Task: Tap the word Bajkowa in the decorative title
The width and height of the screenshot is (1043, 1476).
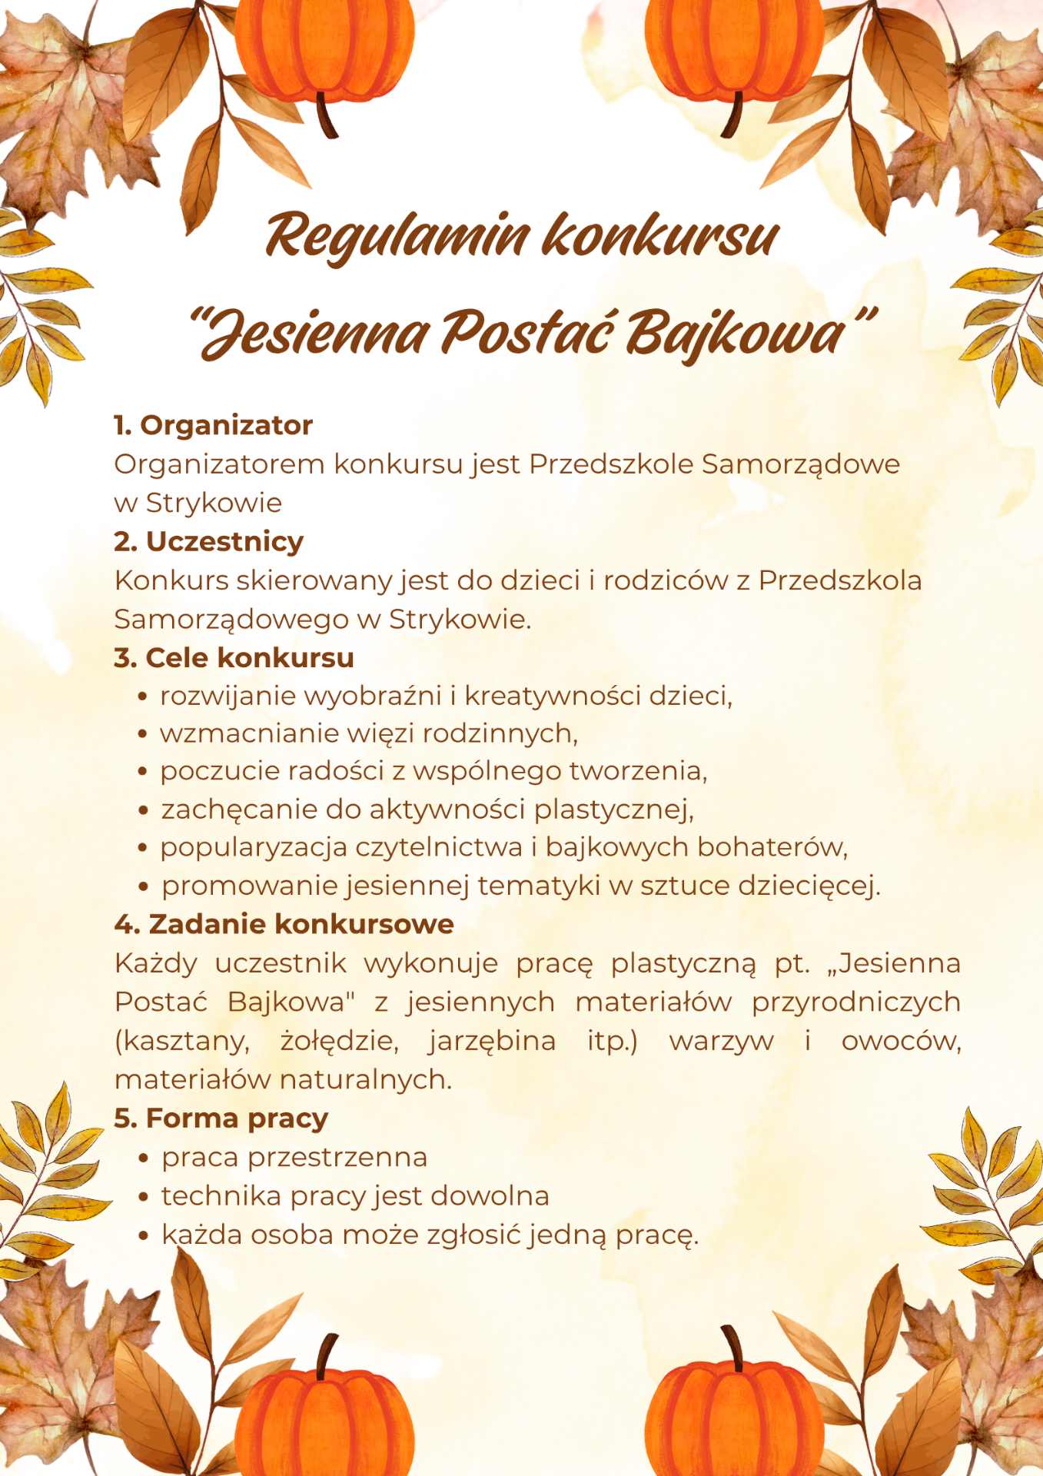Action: pos(734,334)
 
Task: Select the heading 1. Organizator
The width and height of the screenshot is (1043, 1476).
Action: pos(213,425)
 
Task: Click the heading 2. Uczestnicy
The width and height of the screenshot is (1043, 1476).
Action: pos(208,541)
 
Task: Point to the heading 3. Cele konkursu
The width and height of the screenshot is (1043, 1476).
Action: pos(234,658)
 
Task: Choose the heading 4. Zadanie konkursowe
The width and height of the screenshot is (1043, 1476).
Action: pos(284,924)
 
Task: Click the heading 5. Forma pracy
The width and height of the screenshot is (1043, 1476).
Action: pos(221,1118)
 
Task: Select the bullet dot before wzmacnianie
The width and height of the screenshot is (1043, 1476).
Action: pos(142,734)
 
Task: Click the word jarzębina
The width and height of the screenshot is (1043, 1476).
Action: pos(492,1041)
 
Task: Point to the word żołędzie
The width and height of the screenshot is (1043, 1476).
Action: pos(339,1041)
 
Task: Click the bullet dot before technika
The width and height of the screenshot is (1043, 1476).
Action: pos(143,1198)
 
